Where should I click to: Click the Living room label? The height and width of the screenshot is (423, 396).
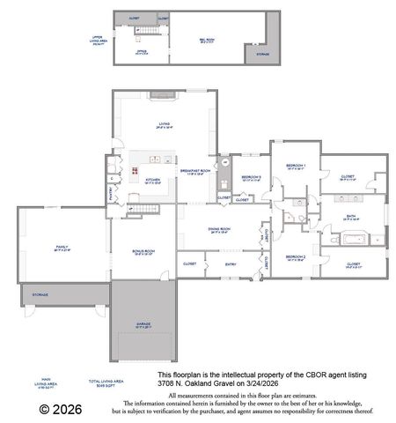164,125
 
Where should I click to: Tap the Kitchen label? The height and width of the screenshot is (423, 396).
152,180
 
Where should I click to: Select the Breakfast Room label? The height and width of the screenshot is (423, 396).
194,171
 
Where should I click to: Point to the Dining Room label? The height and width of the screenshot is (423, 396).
220,232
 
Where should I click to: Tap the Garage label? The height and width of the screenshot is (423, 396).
143,325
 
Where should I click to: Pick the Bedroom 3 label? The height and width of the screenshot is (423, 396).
251,178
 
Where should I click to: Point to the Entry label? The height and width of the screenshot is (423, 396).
231,263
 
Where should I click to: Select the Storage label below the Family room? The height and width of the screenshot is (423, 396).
40,294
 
